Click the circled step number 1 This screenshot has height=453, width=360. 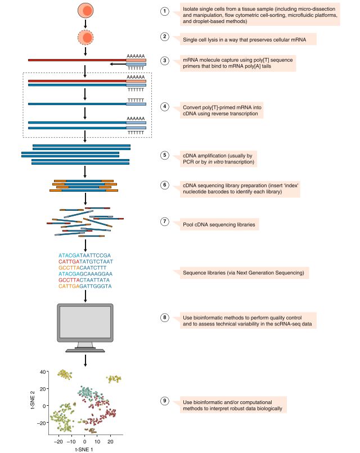[x=164, y=11]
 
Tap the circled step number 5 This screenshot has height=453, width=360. [x=164, y=155]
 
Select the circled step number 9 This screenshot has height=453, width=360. [x=164, y=401]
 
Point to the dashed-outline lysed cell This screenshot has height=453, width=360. [x=85, y=38]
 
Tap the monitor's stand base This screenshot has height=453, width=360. [x=85, y=350]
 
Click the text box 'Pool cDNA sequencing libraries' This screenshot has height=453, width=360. [x=219, y=225]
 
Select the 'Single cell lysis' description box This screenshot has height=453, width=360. [x=246, y=39]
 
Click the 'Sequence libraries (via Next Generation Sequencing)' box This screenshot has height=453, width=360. [x=244, y=273]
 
